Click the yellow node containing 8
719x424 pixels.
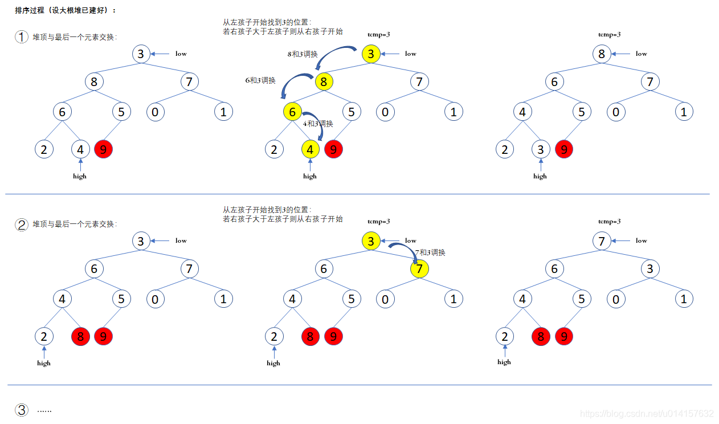point(324,81)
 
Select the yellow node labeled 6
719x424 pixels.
point(292,112)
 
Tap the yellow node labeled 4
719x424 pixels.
point(310,150)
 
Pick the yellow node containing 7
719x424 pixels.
point(419,268)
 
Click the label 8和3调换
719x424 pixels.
point(303,54)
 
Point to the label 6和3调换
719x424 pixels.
point(260,80)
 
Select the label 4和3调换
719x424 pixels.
point(318,124)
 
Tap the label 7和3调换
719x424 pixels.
point(430,252)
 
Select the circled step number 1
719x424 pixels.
point(22,37)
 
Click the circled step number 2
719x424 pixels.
point(22,225)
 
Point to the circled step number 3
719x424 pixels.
point(22,410)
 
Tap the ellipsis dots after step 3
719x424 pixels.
point(44,410)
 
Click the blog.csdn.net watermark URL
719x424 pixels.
point(646,413)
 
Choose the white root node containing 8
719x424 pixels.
point(602,54)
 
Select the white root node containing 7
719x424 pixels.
point(602,241)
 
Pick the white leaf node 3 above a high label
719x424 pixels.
point(540,150)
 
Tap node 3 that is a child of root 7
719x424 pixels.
point(649,268)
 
